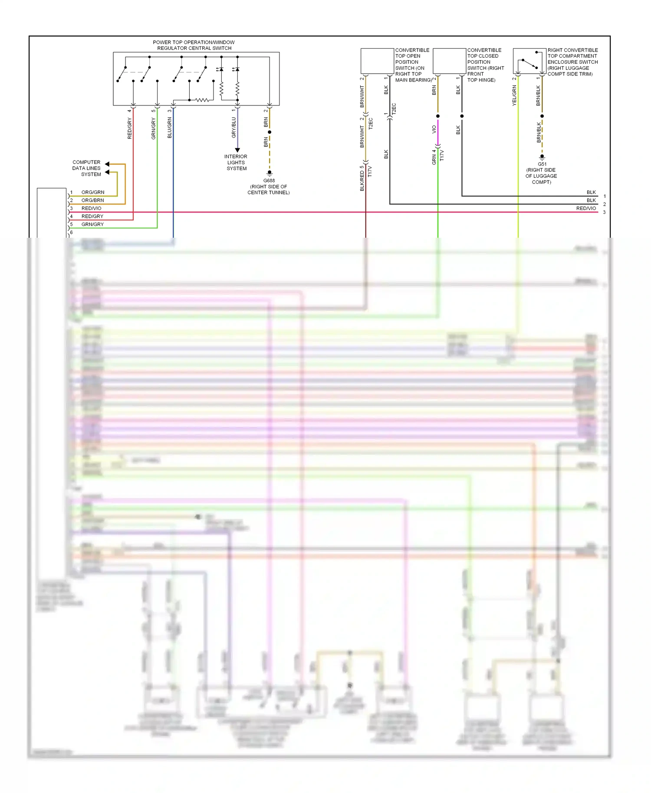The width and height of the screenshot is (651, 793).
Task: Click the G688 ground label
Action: [269, 180]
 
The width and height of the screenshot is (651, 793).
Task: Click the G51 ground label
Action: [542, 164]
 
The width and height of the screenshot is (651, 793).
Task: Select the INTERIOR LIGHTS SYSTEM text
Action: [236, 163]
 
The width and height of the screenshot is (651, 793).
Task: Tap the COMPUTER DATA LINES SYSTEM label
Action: [86, 168]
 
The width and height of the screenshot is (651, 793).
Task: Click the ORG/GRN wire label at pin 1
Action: [92, 192]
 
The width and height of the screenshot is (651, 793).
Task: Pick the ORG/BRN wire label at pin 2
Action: [92, 200]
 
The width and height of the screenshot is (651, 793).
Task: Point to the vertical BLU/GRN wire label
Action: [170, 128]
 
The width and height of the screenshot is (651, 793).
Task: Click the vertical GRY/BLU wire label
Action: [234, 128]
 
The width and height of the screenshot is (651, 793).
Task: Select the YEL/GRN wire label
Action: [514, 95]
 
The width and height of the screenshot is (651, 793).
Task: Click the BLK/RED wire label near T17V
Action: [362, 181]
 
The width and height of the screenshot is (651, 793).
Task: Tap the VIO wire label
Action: [434, 129]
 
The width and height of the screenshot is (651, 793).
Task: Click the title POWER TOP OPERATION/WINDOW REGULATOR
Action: [194, 45]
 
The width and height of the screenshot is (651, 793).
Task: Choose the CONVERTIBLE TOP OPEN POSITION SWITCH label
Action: [412, 65]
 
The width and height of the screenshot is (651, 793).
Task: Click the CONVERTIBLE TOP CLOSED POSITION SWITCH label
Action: [485, 65]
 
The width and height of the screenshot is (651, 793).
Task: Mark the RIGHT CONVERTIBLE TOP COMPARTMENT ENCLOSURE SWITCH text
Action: [572, 62]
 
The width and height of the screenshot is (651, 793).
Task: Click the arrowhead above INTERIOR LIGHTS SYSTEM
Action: [237, 150]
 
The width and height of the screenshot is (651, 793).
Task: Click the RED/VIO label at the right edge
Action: [586, 209]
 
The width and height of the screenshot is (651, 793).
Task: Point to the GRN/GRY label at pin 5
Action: [92, 225]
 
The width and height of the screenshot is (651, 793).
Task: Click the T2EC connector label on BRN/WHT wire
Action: [371, 124]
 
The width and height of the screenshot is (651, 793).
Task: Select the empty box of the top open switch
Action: [377, 61]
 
